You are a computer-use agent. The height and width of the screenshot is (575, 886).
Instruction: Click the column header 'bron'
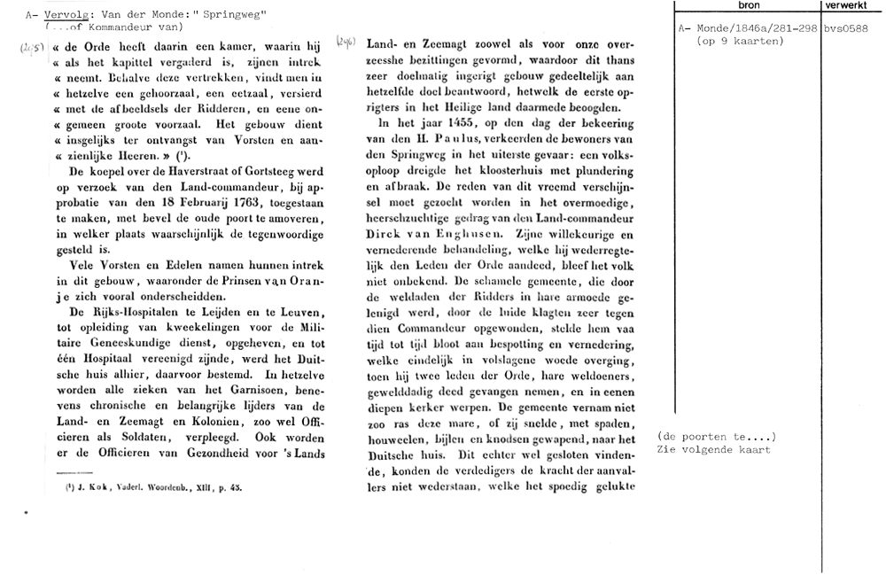pos(749,6)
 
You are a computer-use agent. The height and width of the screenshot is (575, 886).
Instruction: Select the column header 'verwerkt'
pos(848,6)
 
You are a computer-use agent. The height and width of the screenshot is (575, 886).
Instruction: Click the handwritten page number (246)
pos(346,42)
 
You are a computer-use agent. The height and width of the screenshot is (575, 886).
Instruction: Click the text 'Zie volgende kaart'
pos(714,449)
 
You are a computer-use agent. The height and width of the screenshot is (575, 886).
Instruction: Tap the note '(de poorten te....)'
pos(717,437)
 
